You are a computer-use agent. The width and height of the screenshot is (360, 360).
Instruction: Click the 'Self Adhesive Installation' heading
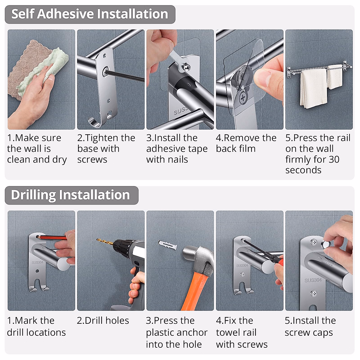pyautogui.click(x=89, y=14)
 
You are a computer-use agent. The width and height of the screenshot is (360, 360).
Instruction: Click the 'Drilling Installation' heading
pyautogui.click(x=70, y=195)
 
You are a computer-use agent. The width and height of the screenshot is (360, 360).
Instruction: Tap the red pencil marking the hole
pyautogui.click(x=53, y=238)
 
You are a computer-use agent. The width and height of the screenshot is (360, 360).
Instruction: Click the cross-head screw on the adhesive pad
pyautogui.click(x=243, y=97)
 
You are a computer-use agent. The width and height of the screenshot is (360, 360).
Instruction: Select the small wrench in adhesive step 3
pyautogui.click(x=179, y=62)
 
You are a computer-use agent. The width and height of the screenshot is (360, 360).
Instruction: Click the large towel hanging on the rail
pyautogui.click(x=313, y=88)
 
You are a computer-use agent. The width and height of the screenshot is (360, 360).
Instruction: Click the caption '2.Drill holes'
pyautogui.click(x=103, y=320)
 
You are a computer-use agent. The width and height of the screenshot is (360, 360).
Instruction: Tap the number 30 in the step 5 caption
pyautogui.click(x=334, y=159)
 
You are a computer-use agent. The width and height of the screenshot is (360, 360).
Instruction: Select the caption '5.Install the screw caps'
pyautogui.click(x=310, y=326)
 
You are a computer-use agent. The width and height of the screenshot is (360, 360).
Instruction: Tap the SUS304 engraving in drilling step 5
pyautogui.click(x=313, y=280)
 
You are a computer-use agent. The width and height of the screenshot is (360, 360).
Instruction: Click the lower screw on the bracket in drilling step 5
pyautogui.click(x=314, y=293)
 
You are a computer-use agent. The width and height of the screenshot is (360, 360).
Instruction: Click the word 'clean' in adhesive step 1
pyautogui.click(x=19, y=159)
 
